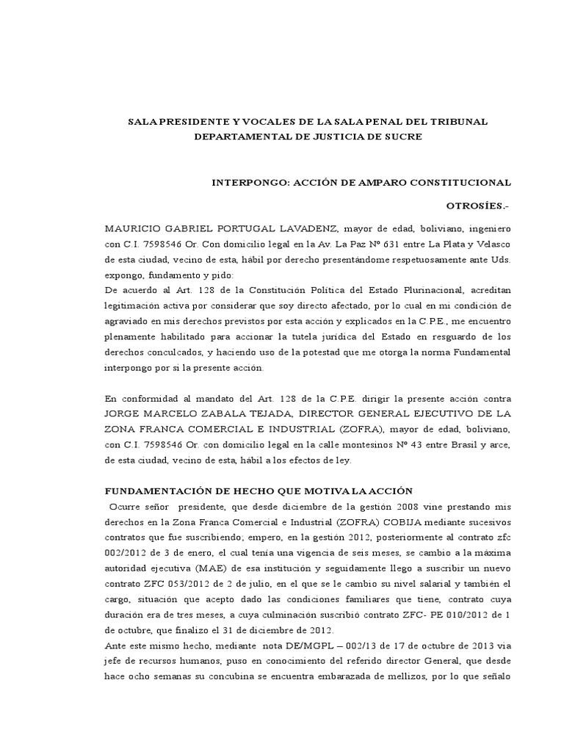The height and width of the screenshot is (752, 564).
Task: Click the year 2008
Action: [414, 507]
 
